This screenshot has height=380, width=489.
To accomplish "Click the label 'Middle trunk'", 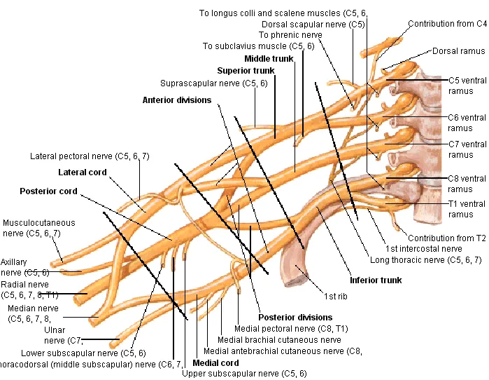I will pos(269,58).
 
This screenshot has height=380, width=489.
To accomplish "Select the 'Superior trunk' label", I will pos(246,70).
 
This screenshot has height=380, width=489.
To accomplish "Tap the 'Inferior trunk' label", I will pos(376,280).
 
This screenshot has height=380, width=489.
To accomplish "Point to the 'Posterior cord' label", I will pos(48,191).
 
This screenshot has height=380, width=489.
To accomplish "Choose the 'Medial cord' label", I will pos(215,363).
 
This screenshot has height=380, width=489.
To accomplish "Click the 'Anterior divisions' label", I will pos(176,100).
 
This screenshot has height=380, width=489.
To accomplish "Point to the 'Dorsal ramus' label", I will pos(458,51).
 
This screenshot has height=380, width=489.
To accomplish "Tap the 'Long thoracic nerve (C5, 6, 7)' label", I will pos(425,259).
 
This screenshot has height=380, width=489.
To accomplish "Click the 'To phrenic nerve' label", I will pos(290,34).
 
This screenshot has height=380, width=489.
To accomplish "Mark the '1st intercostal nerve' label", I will pos(423,248).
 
